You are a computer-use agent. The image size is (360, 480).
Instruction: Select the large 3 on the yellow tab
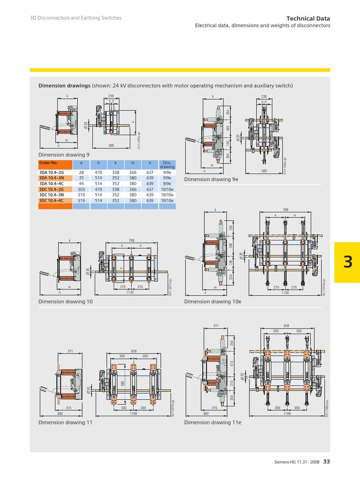(347, 262)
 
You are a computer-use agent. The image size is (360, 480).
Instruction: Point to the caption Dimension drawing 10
(65, 302)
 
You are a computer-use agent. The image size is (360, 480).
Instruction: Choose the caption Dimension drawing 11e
(207, 422)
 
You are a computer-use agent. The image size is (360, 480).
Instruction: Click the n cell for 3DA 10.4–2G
(150, 172)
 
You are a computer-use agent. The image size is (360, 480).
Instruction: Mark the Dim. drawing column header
(167, 164)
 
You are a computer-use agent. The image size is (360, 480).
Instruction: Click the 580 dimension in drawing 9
(112, 146)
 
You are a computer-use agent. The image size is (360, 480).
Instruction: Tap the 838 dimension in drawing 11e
(286, 325)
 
